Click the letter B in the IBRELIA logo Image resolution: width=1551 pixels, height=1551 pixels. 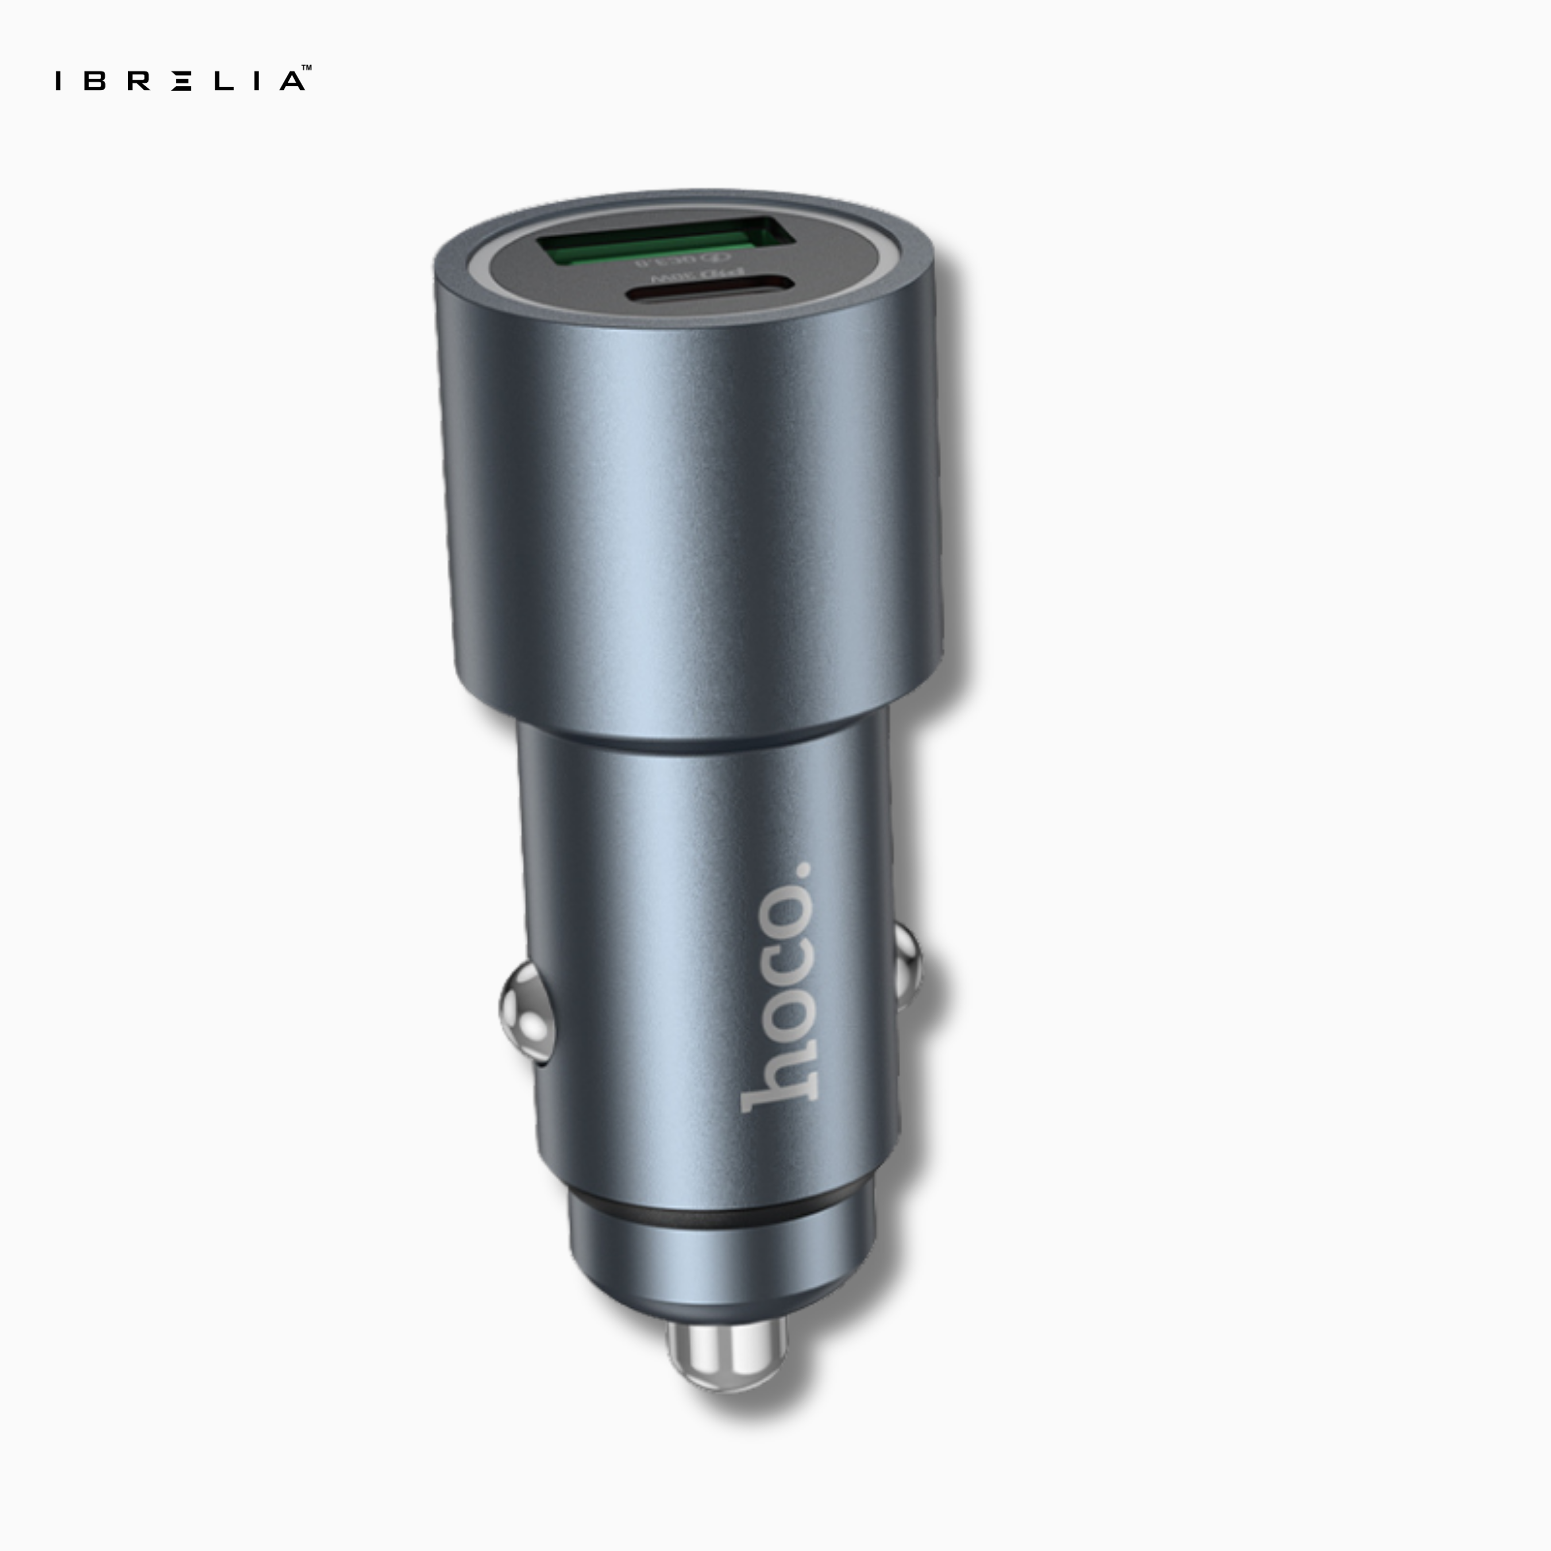95,81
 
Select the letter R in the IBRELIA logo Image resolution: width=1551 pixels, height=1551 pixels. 138,81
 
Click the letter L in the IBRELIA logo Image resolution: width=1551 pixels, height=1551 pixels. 222,81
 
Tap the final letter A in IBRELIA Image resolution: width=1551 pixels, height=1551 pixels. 291,81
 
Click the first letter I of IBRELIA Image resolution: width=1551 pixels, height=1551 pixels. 58,81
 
